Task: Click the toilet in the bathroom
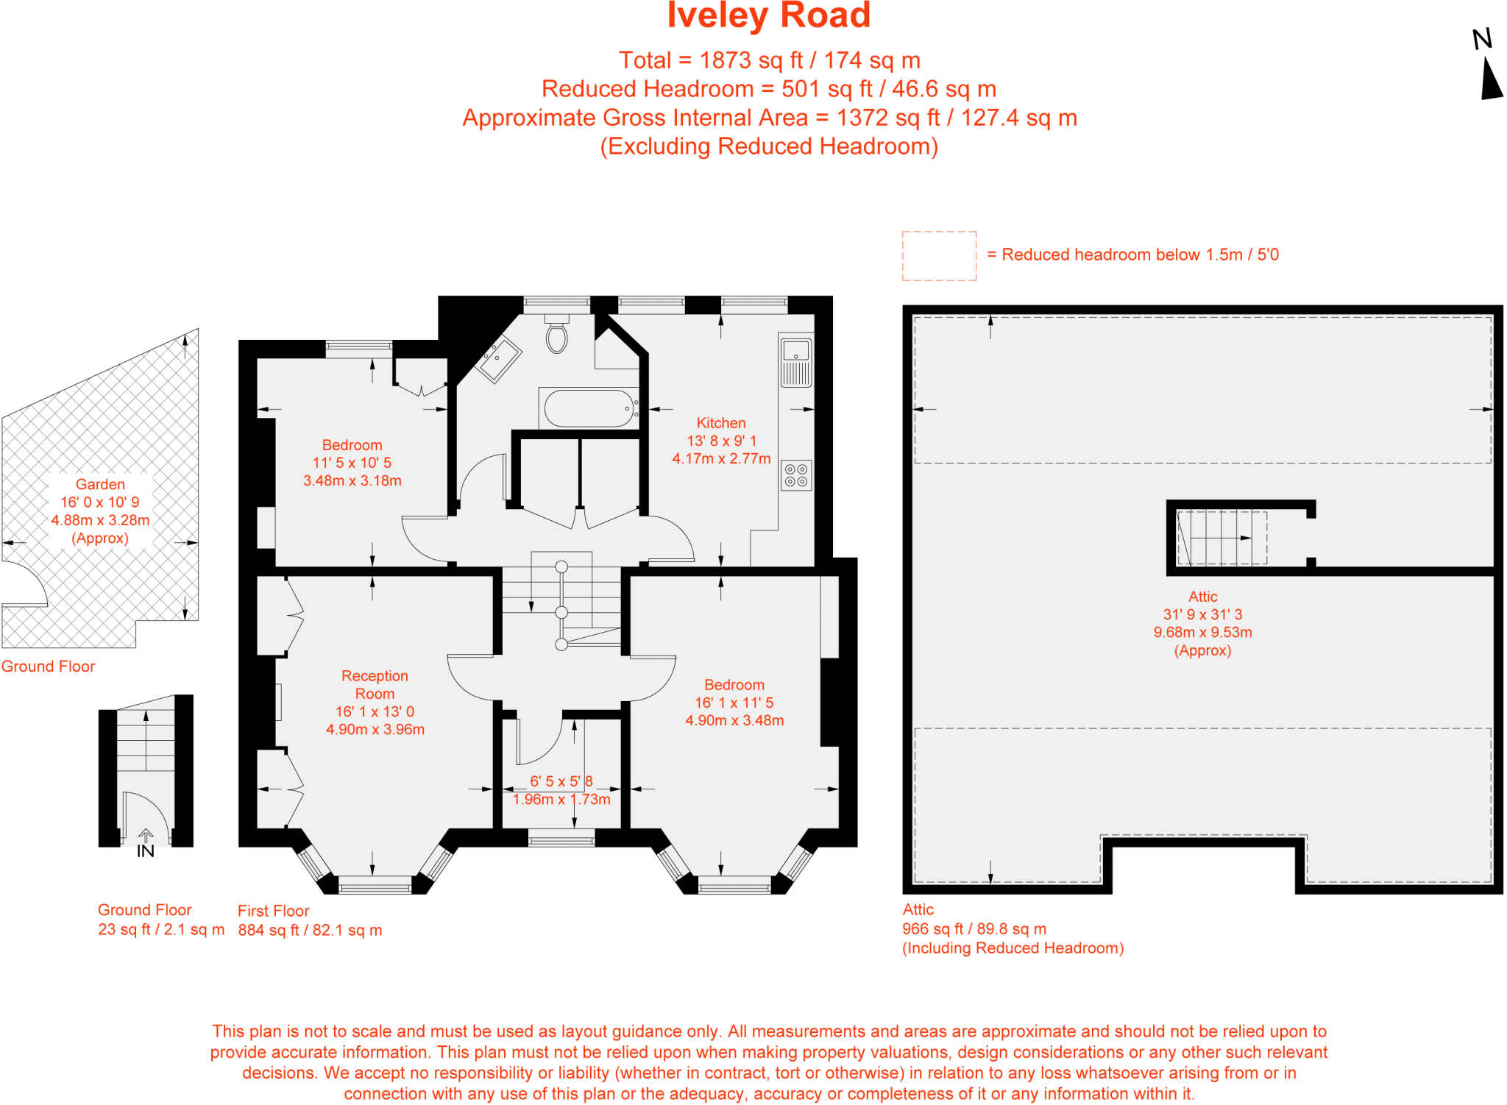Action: tap(557, 336)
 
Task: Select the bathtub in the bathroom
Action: tap(589, 408)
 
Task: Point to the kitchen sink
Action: tap(795, 361)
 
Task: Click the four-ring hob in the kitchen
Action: tap(795, 475)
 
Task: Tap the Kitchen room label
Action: tap(721, 423)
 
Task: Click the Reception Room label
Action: tap(375, 684)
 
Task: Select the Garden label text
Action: tap(100, 484)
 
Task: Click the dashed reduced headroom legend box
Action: tap(939, 255)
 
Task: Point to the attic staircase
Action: tap(1221, 538)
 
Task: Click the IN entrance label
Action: tap(146, 851)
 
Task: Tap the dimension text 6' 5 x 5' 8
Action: tap(561, 781)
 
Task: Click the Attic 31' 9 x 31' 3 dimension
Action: tap(1202, 614)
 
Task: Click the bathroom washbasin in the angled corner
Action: tap(498, 359)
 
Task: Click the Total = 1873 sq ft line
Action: tap(769, 60)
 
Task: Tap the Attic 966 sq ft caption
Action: tap(974, 928)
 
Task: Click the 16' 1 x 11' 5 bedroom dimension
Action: tap(734, 703)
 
